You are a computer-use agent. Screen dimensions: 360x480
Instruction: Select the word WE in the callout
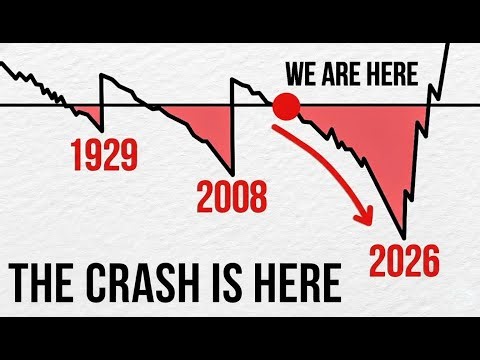pos(303,75)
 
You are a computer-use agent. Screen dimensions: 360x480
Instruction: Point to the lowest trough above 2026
pos(404,233)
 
